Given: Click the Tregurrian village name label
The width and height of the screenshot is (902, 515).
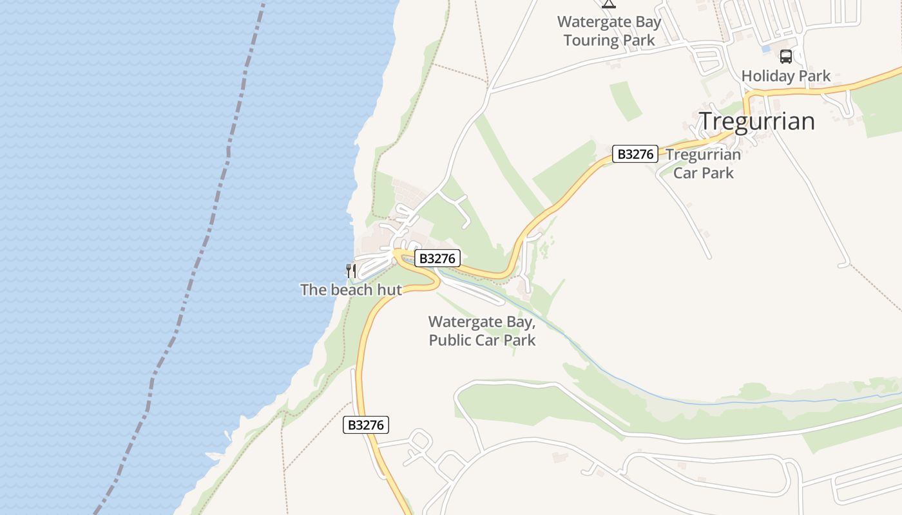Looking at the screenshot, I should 757,121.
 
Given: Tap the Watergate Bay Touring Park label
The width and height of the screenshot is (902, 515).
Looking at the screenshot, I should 609,31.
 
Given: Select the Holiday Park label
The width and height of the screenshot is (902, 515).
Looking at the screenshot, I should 786,76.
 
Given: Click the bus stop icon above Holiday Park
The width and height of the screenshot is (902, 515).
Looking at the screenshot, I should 786,56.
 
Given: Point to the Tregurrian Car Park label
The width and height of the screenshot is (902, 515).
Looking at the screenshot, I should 704,164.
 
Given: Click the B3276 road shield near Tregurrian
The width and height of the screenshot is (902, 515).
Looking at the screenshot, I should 635,154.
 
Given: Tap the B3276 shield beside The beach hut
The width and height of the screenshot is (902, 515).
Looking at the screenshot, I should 437,259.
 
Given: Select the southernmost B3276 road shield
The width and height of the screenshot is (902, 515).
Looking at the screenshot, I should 365,425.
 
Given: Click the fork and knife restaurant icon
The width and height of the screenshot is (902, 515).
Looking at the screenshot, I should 351,270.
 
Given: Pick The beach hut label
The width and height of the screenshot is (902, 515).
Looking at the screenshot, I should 351,290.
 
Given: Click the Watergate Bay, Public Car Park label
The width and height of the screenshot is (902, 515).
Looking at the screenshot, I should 482,330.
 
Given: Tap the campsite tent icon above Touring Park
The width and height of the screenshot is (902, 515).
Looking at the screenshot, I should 608,3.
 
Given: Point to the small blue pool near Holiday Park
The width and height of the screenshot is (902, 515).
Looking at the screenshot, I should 765,48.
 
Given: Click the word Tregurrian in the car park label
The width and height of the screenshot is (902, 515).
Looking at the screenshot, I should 704,155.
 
